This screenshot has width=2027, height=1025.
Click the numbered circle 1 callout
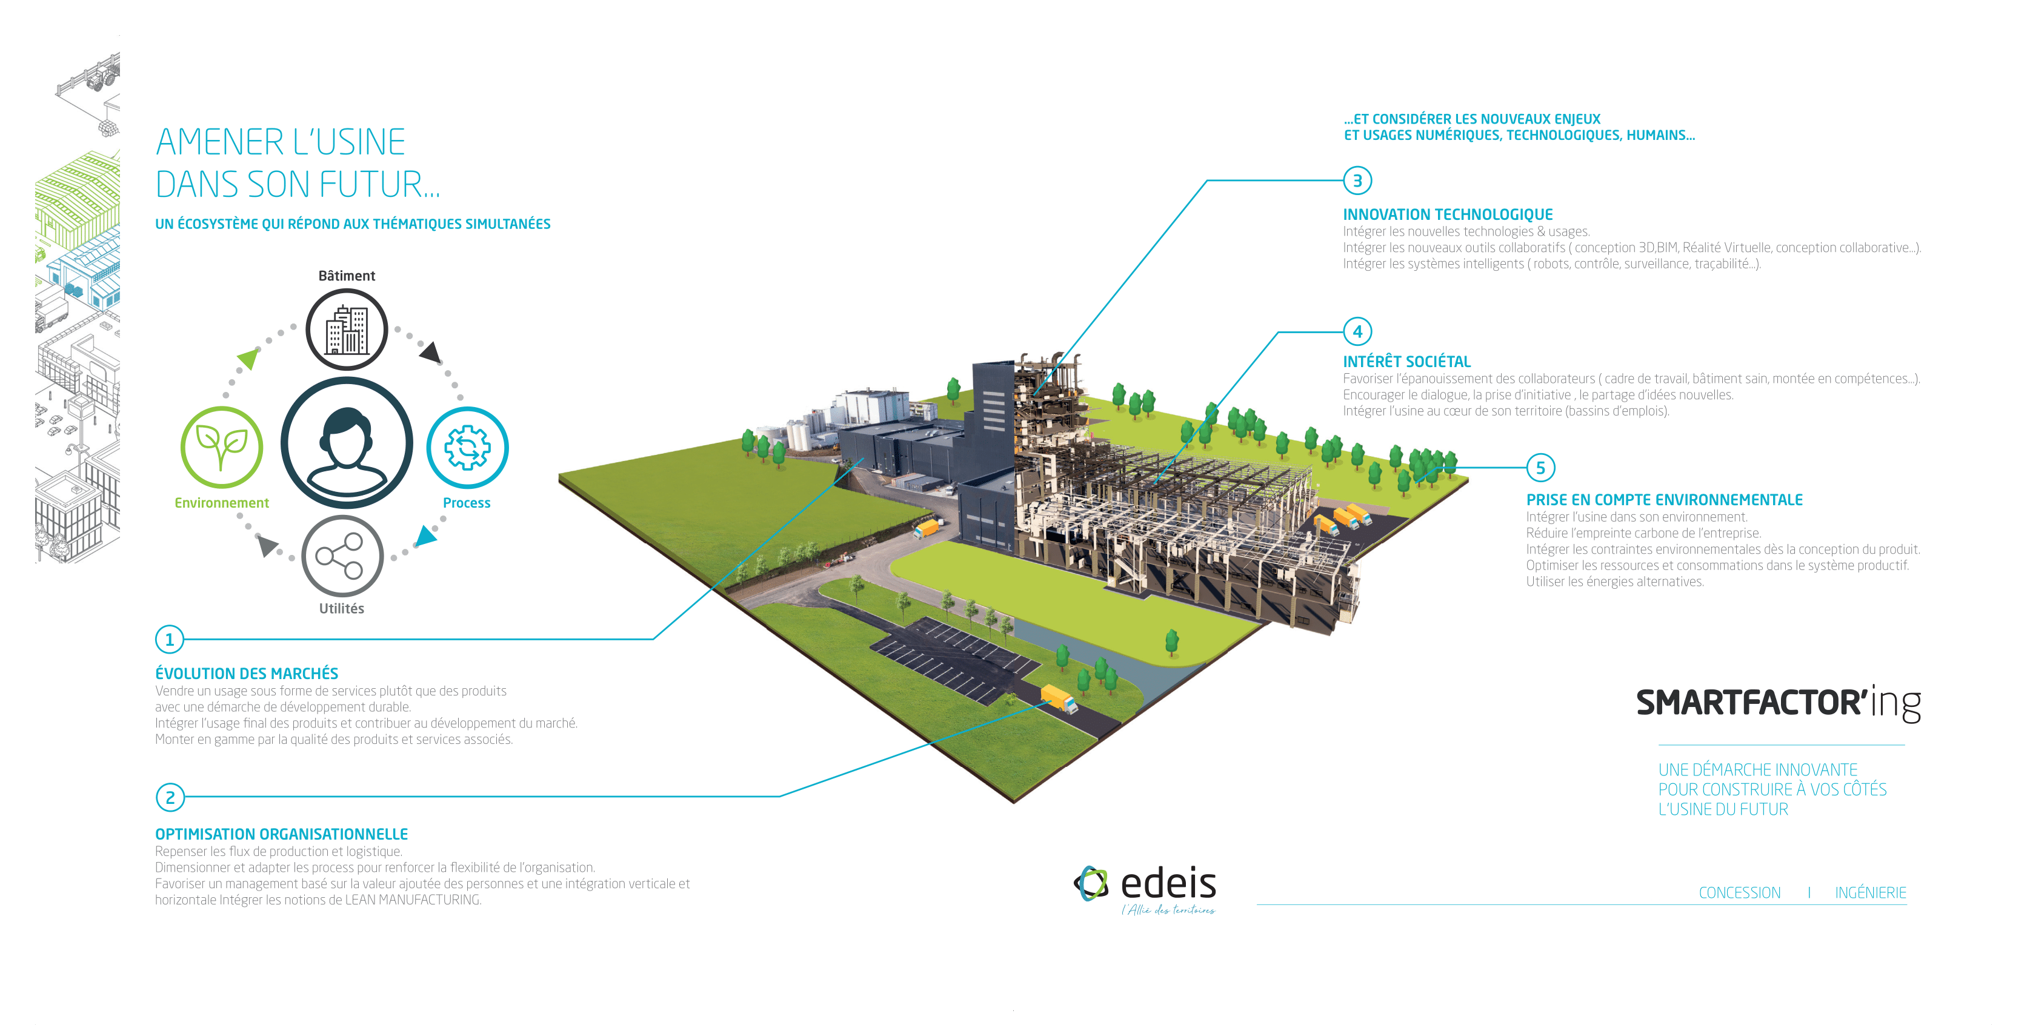(x=169, y=640)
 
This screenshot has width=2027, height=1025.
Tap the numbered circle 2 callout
(x=170, y=798)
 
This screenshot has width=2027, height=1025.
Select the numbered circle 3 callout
(x=1357, y=181)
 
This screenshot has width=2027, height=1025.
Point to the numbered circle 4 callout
(x=1357, y=332)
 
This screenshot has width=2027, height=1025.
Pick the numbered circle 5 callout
(x=1541, y=468)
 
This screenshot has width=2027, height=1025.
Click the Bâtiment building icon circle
(x=347, y=330)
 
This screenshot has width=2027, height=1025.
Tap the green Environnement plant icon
(x=222, y=447)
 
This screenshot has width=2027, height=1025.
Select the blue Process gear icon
(x=467, y=448)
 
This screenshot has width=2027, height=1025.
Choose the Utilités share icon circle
(x=342, y=556)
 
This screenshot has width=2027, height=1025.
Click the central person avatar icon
(x=347, y=443)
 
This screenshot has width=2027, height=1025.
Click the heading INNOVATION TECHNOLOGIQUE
(x=1448, y=215)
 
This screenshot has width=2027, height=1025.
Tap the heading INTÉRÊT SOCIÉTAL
(x=1407, y=362)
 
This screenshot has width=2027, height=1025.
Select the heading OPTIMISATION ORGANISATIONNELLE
(x=282, y=835)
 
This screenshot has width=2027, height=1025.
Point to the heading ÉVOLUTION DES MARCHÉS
(x=246, y=674)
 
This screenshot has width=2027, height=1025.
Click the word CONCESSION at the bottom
(x=1739, y=893)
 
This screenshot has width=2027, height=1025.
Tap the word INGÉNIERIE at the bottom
(x=1871, y=893)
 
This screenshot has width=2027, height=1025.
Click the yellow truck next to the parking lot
(x=1059, y=698)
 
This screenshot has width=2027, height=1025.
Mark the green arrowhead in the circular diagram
(x=248, y=359)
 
